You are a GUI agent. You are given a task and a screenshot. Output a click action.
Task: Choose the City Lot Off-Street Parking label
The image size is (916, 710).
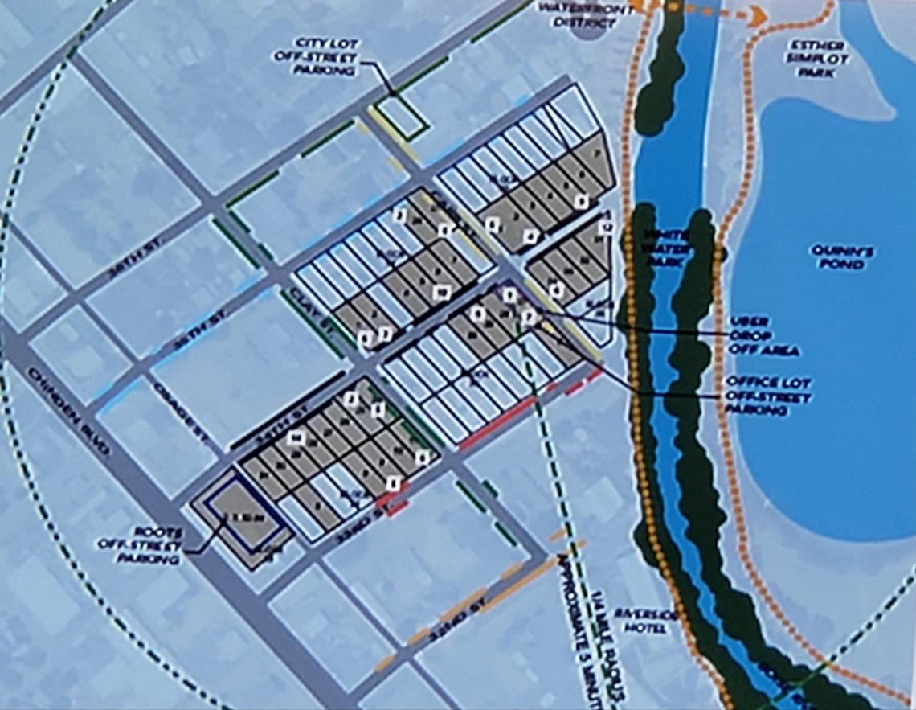pos(325,56)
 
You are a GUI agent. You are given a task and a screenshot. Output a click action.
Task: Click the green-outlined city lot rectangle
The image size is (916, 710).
pos(401,116)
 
